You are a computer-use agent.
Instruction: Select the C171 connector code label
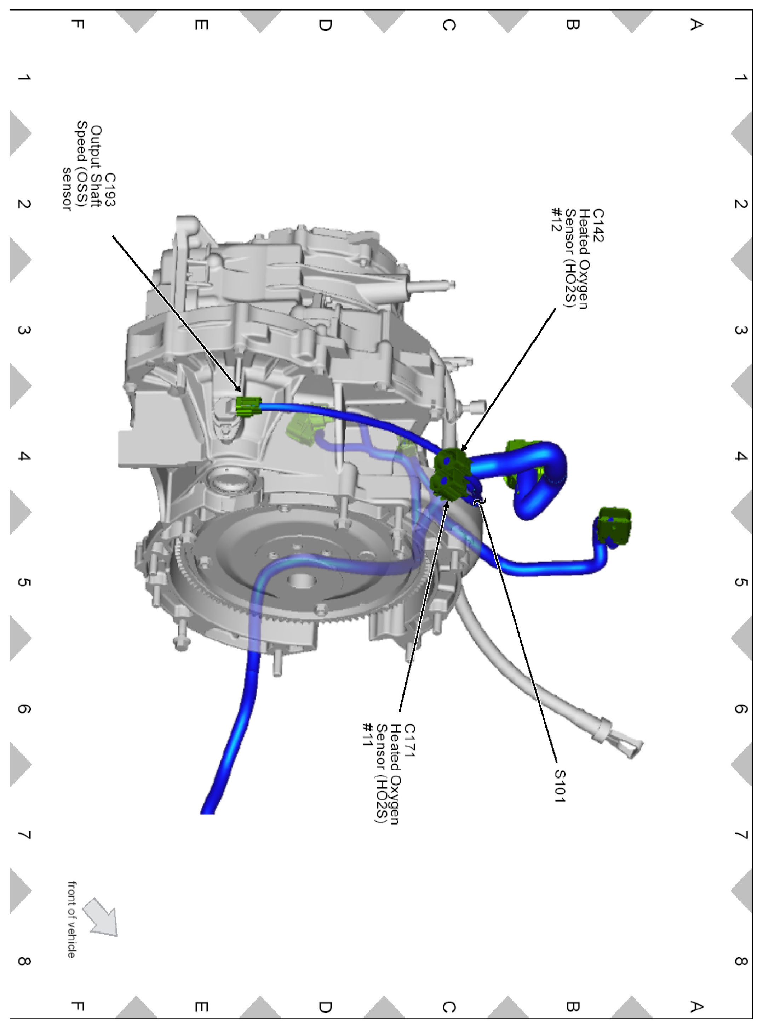409,741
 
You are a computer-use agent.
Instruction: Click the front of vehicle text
72,919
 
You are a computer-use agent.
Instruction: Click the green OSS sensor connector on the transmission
248,406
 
